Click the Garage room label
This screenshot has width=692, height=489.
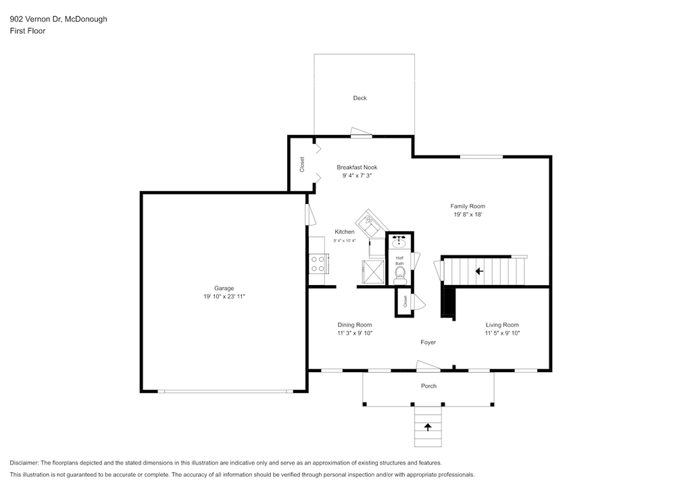224,288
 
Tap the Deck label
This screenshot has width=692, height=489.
360,98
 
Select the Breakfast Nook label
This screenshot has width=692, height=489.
357,167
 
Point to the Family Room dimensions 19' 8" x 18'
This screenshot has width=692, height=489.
468,214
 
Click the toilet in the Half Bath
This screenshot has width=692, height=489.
400,276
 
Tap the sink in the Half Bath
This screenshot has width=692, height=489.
399,242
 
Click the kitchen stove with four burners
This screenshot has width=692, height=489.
318,263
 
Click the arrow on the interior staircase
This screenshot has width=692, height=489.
479,271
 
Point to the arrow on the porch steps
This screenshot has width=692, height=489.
428,427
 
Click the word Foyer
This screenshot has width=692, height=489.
428,342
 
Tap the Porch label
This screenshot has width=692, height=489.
428,386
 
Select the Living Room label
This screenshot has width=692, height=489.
502,325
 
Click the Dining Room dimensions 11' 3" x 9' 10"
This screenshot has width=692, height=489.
355,334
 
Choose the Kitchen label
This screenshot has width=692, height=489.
344,232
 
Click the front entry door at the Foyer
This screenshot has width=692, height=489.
428,366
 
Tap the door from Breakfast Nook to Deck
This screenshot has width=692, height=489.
362,133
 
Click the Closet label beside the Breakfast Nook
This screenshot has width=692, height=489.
302,165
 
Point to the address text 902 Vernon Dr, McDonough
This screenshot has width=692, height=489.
58,19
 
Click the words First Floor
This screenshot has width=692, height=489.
27,31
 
